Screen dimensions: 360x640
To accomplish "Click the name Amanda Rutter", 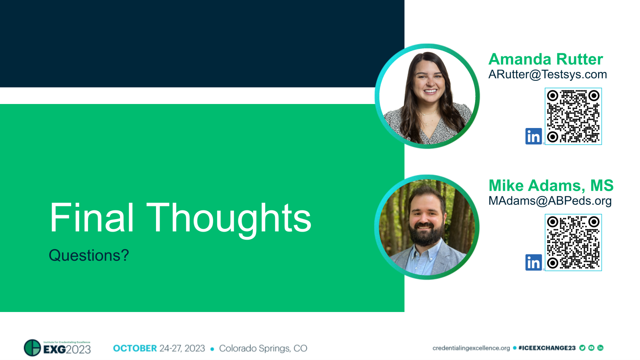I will coord(546,59).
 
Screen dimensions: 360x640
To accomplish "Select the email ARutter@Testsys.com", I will coord(548,74).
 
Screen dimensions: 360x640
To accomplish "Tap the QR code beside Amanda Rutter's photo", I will coord(573,116).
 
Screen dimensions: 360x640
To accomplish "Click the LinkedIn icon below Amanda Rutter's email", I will coord(533,136).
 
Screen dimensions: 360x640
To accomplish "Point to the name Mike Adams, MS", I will coord(551,186).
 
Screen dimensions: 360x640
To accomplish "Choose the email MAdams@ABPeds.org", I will coord(550,201).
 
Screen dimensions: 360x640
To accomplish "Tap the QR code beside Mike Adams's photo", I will coord(573,242).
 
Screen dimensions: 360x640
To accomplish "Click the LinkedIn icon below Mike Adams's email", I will coord(533,263).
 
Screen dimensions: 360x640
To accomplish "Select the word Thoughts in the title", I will coord(229,218).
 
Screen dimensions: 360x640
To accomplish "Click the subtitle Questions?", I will coord(89,255).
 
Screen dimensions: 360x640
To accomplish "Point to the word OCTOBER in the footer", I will coord(135,348).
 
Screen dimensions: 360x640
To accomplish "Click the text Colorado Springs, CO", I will coord(263,348).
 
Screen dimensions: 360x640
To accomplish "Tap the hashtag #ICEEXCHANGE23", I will coord(547,348).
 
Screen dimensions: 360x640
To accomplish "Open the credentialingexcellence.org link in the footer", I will coord(471,348).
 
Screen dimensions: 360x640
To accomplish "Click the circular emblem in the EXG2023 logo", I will coord(32,348).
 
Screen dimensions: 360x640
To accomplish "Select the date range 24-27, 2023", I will coord(182,348).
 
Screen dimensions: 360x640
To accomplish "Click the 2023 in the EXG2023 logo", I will coord(78,350).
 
